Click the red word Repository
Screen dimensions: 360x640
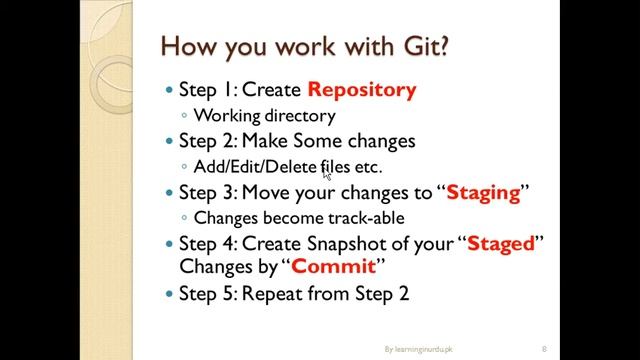361,90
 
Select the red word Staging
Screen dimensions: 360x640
483,192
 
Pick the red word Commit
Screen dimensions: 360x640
333,268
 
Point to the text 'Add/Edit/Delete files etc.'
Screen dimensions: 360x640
288,167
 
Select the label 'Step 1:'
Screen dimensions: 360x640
208,90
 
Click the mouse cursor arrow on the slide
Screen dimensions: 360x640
326,172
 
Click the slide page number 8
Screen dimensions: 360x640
544,348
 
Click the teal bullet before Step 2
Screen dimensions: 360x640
168,142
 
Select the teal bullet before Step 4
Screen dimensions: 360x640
168,244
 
